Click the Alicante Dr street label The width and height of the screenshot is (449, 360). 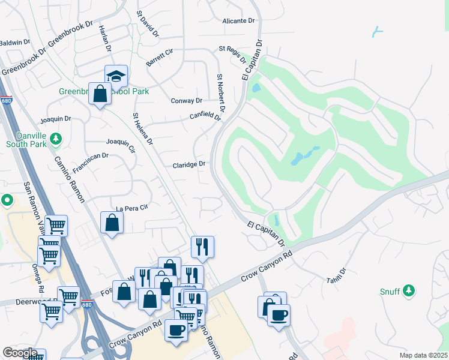[238, 21]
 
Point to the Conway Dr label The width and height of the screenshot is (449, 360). [186, 101]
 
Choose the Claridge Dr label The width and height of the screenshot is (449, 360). [189, 164]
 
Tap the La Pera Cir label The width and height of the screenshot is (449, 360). [131, 207]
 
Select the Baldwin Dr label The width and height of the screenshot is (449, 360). [15, 43]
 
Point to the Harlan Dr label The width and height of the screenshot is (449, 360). [106, 41]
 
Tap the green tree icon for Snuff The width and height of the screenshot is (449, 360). [408, 291]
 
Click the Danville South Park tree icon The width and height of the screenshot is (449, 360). [56, 139]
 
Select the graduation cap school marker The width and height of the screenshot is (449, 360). [116, 76]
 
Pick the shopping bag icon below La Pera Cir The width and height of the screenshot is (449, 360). [112, 222]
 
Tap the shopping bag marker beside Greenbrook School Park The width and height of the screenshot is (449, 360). [100, 94]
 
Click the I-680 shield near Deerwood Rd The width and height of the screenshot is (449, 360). [87, 304]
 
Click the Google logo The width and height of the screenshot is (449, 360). [20, 352]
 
